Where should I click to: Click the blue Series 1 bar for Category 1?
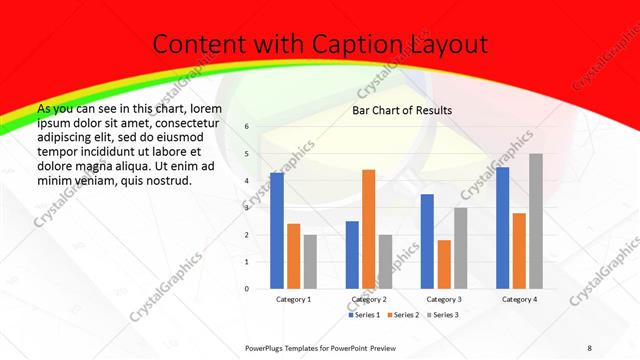276,231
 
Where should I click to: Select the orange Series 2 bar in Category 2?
368,229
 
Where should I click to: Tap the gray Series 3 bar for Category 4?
536,221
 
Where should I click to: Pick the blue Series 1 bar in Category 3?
427,241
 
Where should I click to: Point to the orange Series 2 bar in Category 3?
444,264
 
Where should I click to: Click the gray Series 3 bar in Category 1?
310,262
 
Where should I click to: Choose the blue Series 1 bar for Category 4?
502,228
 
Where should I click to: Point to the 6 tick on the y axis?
246,127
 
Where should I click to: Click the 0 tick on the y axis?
246,288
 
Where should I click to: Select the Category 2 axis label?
368,299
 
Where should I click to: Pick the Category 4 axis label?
519,299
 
